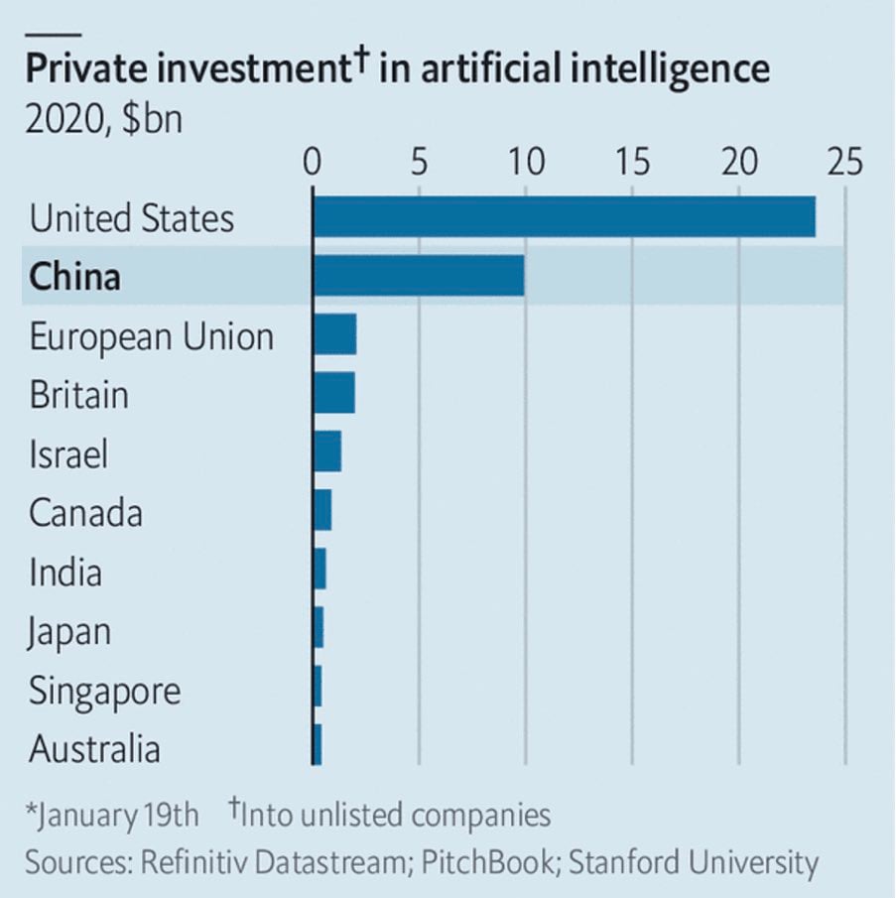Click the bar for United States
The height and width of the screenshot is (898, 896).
point(564,217)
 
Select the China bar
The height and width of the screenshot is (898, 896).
point(419,276)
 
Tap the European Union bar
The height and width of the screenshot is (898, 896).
point(334,335)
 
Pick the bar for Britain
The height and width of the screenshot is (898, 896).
point(333,394)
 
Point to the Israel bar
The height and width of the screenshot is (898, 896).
point(327,453)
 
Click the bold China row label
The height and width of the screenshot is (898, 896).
point(74,277)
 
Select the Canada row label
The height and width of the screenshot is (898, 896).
point(85,513)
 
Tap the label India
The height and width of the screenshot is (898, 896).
point(65,573)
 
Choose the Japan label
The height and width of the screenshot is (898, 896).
point(69,632)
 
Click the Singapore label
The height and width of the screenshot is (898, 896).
point(105,691)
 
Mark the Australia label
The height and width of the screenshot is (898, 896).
point(94,749)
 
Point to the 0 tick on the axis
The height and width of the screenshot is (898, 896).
point(314,161)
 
